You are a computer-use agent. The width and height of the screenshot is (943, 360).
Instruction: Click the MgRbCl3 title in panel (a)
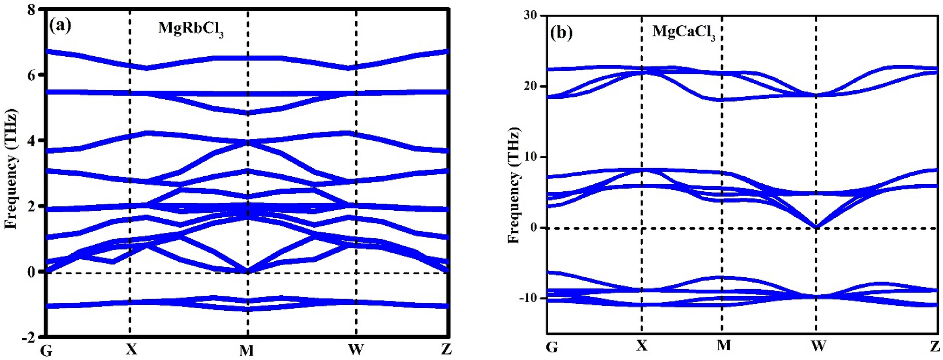[191, 28]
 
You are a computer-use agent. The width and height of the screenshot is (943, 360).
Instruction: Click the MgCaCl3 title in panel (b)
[683, 32]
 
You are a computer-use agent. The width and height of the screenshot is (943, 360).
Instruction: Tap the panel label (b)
[561, 33]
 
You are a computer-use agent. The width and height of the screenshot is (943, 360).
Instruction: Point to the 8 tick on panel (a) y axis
[32, 9]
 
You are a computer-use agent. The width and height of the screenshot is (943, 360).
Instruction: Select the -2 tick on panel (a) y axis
[29, 337]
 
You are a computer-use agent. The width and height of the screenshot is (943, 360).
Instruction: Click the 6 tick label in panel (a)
[32, 75]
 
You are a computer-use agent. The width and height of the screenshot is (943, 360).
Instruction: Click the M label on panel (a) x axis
[246, 350]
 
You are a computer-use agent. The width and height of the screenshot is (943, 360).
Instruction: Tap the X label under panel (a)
[131, 349]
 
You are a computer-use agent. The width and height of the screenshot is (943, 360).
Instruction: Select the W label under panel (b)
[818, 346]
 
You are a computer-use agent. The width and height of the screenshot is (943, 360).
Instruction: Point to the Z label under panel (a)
[446, 349]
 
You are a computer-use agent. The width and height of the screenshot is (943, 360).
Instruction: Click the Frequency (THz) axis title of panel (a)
[11, 169]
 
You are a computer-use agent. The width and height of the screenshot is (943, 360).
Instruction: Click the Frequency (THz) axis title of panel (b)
[514, 185]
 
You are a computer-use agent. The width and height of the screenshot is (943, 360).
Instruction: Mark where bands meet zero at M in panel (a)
[247, 272]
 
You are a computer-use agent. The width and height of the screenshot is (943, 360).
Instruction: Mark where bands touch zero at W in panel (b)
[816, 227]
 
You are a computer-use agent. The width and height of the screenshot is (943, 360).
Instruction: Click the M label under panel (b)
[723, 345]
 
